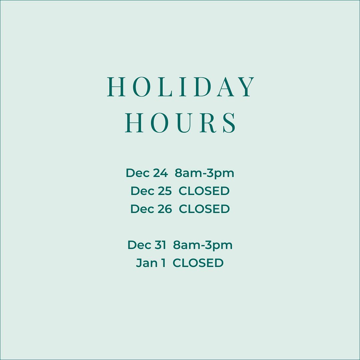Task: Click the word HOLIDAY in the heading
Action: pyautogui.click(x=181, y=87)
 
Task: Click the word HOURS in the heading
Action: pyautogui.click(x=180, y=123)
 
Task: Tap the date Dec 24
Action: pyautogui.click(x=147, y=173)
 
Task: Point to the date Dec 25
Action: pyautogui.click(x=151, y=191)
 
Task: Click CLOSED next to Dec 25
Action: pyautogui.click(x=204, y=191)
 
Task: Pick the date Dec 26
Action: pyautogui.click(x=151, y=209)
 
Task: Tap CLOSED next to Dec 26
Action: pyautogui.click(x=204, y=209)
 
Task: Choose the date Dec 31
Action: pyautogui.click(x=147, y=245)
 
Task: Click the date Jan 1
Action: pyautogui.click(x=151, y=263)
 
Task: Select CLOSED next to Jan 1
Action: pyautogui.click(x=198, y=263)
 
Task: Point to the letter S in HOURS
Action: pyautogui.click(x=229, y=123)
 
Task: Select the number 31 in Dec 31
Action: pyautogui.click(x=160, y=245)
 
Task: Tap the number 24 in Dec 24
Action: pyautogui.click(x=160, y=173)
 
